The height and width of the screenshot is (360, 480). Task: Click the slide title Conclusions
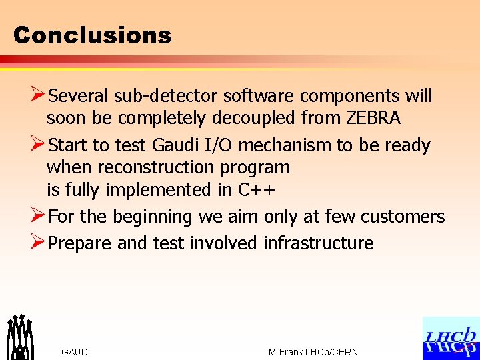coord(92,35)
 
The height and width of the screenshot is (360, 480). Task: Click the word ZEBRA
coord(373,119)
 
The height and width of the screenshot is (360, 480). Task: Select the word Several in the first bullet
coord(79,96)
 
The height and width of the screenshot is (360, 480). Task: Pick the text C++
coord(257,190)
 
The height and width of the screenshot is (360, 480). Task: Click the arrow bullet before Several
coord(38,96)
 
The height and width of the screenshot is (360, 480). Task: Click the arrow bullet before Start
coord(38,145)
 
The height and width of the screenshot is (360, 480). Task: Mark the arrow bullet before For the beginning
coord(38,217)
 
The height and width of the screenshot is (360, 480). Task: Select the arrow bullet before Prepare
coord(38,243)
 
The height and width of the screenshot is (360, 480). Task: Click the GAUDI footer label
coord(76,352)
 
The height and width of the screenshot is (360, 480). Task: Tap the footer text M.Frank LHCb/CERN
coord(313,352)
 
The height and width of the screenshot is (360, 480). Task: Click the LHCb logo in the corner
coord(451,338)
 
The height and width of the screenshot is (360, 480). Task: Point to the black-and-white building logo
coord(20,337)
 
